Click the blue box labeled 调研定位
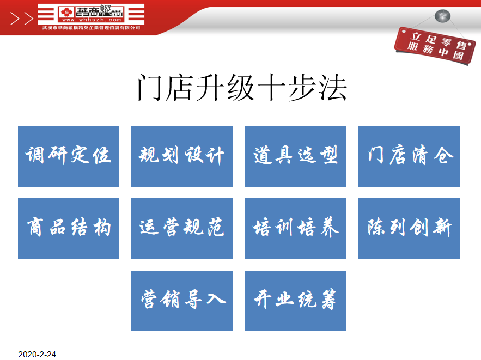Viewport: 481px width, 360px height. [x=69, y=156]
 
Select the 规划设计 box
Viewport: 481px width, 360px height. [x=182, y=156]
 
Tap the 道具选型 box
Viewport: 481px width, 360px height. [x=296, y=156]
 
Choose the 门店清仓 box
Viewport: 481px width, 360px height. [x=409, y=156]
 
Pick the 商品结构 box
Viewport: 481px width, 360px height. [x=69, y=228]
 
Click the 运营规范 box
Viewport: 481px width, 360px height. [x=182, y=228]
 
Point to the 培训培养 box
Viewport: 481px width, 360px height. [x=296, y=228]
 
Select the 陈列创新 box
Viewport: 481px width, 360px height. [x=409, y=228]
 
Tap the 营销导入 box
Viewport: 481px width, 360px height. [x=182, y=301]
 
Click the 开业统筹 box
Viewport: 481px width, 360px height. [x=295, y=301]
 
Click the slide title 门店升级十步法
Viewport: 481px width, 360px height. [x=242, y=88]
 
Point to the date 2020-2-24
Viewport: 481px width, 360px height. [x=37, y=355]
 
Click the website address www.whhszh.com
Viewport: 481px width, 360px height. [x=92, y=20]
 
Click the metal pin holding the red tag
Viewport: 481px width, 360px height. [x=442, y=16]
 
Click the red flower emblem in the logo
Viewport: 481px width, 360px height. [x=66, y=13]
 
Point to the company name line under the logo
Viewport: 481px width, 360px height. [x=91, y=28]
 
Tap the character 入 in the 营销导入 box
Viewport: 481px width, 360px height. [x=216, y=298]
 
